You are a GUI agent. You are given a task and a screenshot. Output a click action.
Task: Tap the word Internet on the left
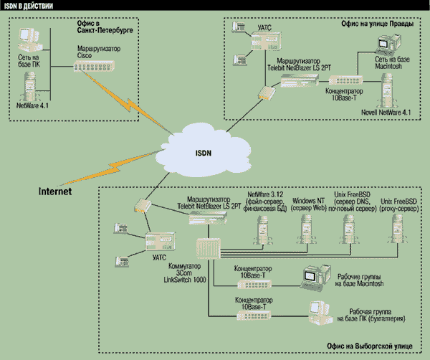[x=58, y=191]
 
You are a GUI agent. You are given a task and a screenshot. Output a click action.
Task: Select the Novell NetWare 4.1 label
[x=386, y=112]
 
